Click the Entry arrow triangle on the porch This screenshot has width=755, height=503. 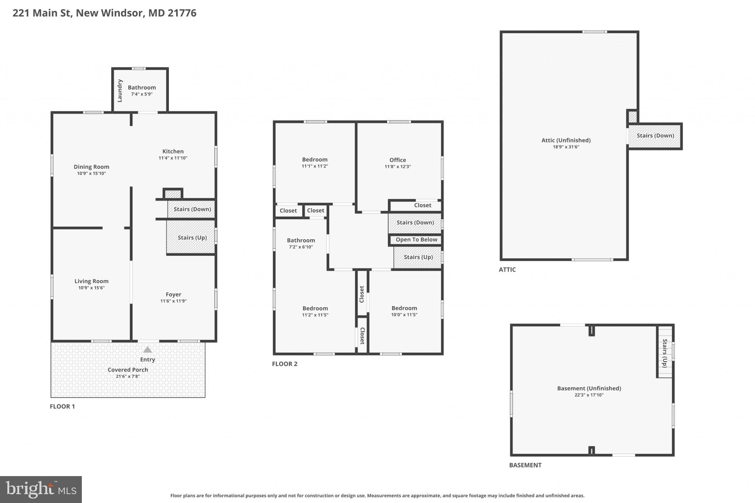[x=147, y=350]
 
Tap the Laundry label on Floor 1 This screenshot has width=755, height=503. [x=119, y=91]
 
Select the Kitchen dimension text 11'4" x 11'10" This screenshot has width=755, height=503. [x=173, y=158]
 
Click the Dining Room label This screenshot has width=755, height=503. [x=91, y=167]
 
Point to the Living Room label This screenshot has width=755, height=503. [x=91, y=281]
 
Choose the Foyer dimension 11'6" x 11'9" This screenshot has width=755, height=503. [x=173, y=301]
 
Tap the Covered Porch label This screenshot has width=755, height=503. [x=128, y=370]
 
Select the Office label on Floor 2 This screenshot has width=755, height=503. [x=397, y=160]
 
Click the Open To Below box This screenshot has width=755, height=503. [x=416, y=240]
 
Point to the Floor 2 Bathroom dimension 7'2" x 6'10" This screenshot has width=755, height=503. [x=301, y=247]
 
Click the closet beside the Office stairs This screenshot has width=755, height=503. [x=422, y=205]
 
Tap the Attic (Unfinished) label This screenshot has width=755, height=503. [x=566, y=140]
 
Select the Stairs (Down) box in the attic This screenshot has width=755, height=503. [x=655, y=136]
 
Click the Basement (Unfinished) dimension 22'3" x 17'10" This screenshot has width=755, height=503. [x=589, y=395]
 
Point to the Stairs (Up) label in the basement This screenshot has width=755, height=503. [x=665, y=353]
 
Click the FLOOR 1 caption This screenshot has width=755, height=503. [x=62, y=406]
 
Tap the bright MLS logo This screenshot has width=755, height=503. [x=41, y=489]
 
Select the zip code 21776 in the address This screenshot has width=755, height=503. [x=182, y=13]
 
